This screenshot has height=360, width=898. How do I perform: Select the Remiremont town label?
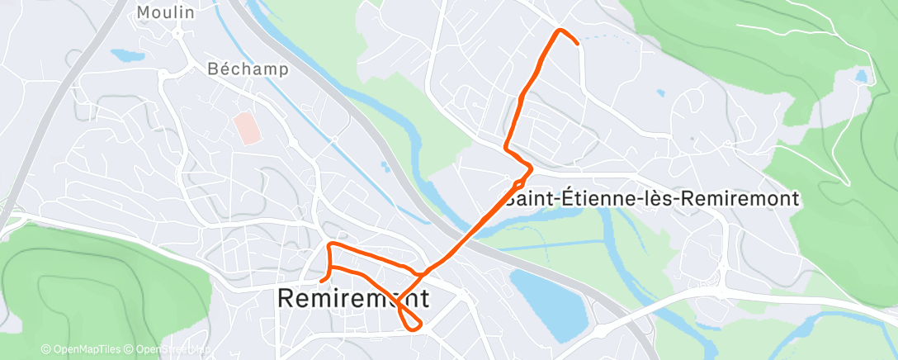point(353,298)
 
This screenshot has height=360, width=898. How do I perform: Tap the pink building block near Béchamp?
point(246,128)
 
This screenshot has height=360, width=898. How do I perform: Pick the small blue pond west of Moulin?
point(126,56)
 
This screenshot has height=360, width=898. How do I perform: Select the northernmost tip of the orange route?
point(561,31)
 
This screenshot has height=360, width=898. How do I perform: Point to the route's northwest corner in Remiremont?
point(330,244)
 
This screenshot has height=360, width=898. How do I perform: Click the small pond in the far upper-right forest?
point(863,77)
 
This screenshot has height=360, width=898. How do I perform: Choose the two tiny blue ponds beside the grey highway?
point(385,167)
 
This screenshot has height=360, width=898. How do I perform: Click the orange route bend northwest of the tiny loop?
point(507,148)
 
